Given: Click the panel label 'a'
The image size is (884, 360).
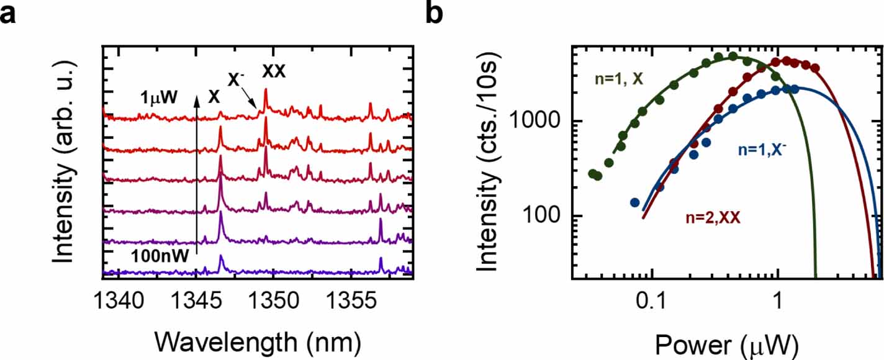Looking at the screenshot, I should (x=9, y=13).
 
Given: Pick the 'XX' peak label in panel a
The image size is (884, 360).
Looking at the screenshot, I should (x=274, y=72).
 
